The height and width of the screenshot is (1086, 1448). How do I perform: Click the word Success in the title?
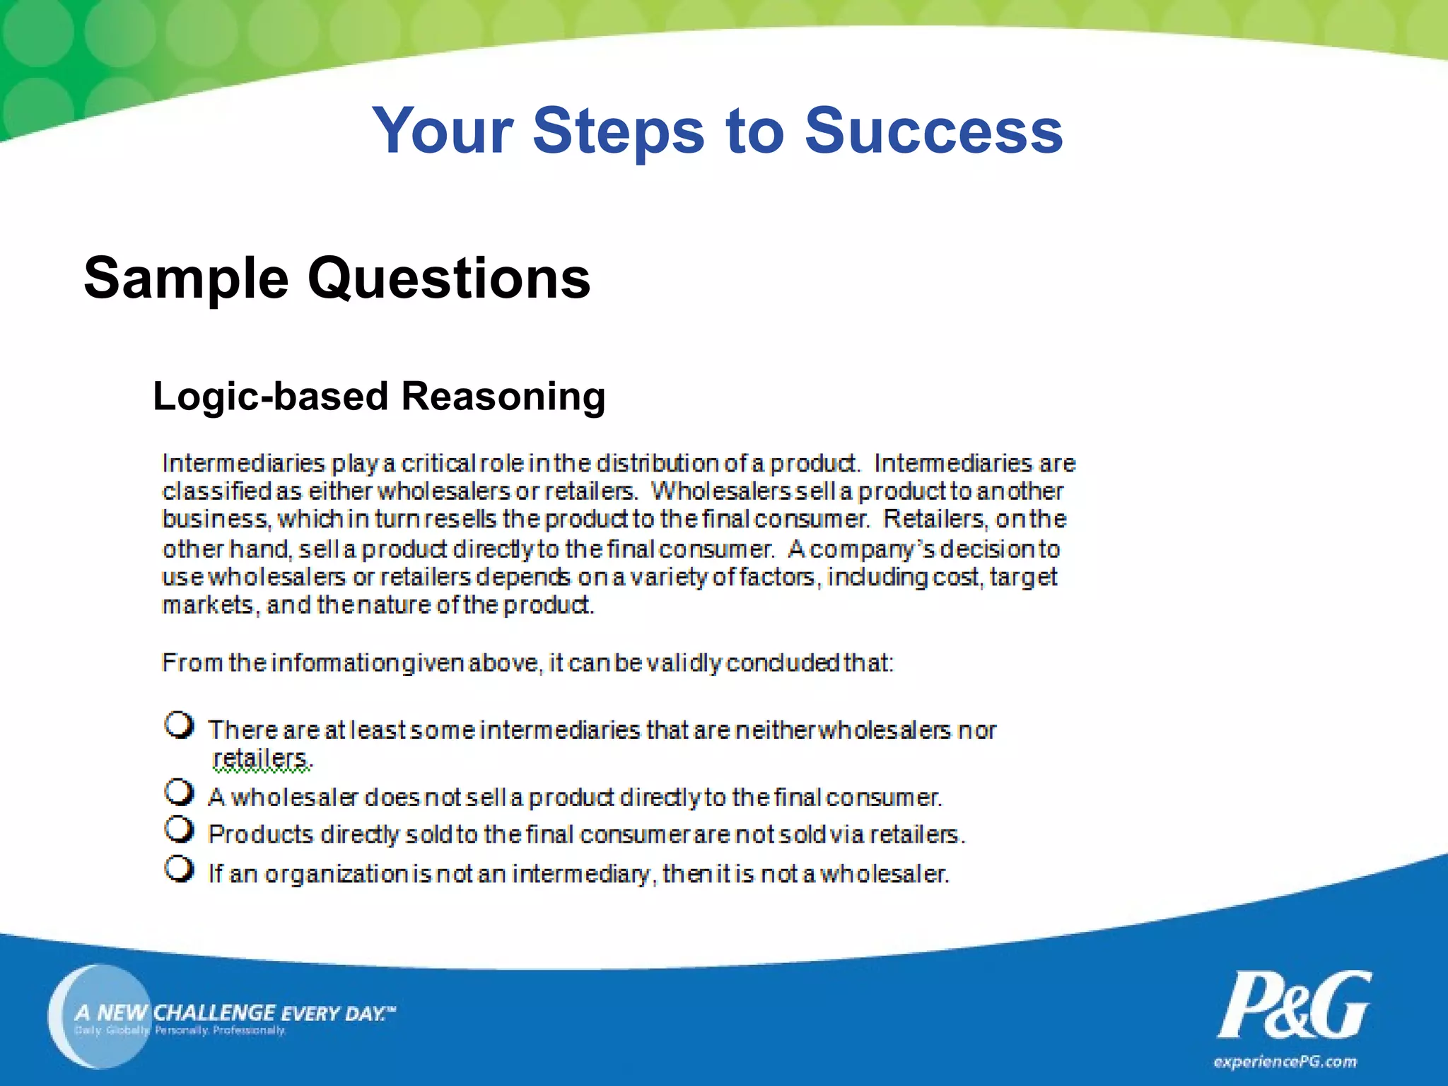click(x=933, y=131)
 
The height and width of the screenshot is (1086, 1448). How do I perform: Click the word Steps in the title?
click(x=619, y=131)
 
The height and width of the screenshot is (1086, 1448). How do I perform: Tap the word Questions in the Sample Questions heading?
click(x=449, y=279)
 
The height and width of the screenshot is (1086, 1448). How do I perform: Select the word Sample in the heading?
click(x=186, y=279)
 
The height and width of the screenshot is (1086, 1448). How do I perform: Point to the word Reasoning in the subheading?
click(x=503, y=396)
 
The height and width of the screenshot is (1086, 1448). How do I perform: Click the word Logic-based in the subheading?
click(x=271, y=396)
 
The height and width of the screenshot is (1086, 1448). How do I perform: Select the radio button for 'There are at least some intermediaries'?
click(x=179, y=725)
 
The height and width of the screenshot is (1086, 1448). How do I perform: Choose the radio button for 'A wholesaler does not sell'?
click(x=179, y=793)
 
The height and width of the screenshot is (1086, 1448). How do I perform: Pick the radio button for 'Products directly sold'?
click(x=179, y=830)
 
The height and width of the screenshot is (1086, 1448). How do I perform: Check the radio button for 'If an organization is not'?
click(x=179, y=869)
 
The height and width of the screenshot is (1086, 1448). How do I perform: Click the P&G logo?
click(x=1293, y=1005)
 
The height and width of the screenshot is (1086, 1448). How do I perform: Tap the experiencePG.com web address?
click(x=1285, y=1062)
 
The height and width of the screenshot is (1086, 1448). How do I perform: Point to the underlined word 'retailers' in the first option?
click(x=260, y=758)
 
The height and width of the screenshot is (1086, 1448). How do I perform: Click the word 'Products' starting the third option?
click(x=260, y=835)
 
